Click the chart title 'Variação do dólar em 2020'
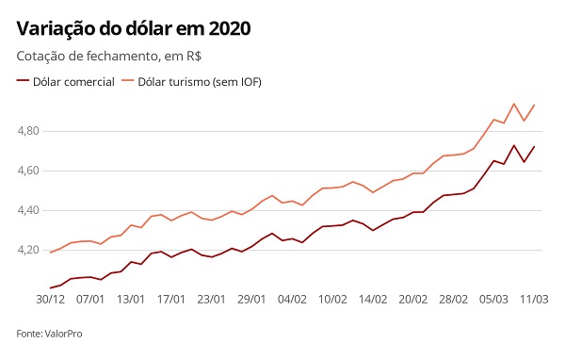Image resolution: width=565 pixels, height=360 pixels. coord(134,28)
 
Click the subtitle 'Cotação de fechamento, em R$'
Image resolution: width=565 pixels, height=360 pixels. coord(109,57)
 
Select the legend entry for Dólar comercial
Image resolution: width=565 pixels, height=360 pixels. coord(66,82)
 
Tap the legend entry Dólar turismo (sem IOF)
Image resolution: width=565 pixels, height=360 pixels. coord(192,82)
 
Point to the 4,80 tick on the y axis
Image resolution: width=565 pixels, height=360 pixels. coord(28,131)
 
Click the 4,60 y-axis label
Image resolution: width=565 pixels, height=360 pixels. coord(28,171)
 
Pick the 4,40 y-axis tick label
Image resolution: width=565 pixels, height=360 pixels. coord(28,210)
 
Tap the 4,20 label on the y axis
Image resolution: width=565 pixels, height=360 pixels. coord(28,250)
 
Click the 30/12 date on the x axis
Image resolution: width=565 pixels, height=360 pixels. coord(51,299)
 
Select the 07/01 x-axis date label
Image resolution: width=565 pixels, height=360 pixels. coord(90,299)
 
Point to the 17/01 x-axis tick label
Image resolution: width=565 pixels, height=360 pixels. coord(171,299)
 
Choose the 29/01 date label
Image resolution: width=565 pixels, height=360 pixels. coord(251,299)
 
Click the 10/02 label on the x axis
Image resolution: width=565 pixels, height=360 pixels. coord(332,299)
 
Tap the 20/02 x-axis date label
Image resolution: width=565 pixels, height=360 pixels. coord(413,299)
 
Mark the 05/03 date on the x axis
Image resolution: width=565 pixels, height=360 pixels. coord(493,299)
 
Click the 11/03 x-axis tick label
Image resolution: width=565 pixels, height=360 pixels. coord(534,299)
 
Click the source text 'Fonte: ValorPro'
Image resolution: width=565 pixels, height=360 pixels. coord(49,334)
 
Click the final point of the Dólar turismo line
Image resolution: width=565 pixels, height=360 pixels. coord(534,105)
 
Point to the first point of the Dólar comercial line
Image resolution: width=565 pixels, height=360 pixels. coord(50,287)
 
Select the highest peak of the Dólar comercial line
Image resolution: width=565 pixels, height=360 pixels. coord(514,145)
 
